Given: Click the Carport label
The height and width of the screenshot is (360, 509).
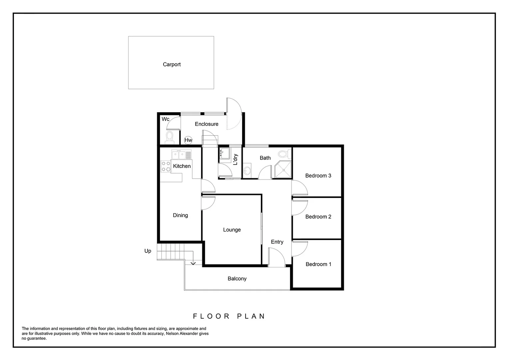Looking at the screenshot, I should point(172,65).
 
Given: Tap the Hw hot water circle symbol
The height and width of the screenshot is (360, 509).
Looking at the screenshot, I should point(188,140).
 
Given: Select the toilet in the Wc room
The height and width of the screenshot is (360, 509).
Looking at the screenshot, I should point(170,137).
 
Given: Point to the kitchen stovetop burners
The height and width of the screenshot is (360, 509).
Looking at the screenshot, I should point(166,166).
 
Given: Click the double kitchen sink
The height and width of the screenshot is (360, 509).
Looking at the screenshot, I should point(179,155).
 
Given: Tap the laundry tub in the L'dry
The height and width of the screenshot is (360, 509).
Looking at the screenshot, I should point(225,154).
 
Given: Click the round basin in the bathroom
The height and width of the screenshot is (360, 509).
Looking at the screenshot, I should point(247,171).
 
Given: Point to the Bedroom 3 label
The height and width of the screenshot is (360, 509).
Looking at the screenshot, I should point(318,176).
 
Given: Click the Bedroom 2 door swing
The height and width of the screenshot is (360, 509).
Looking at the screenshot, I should point(299,207).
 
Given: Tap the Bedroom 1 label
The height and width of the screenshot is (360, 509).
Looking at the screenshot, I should point(318,264).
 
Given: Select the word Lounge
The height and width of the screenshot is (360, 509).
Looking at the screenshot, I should point(232,230).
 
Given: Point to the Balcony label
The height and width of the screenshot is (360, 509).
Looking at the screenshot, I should point(237,279).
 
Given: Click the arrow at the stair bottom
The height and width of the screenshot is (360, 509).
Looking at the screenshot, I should point(193,263).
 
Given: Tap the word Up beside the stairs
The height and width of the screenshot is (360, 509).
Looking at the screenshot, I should point(148,251).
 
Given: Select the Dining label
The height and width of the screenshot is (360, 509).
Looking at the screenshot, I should point(180,215).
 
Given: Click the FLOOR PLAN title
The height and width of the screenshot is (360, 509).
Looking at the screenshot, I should point(229,316).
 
